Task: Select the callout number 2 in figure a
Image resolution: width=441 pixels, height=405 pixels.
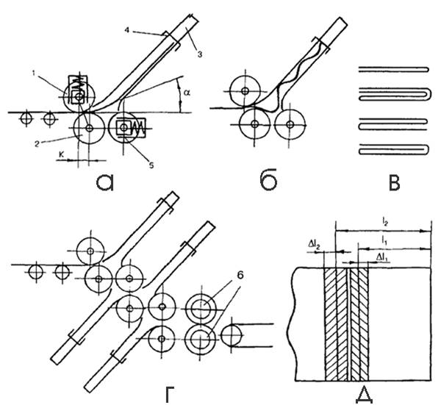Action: (37, 144)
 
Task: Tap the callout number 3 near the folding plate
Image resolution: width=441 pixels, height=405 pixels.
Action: (200, 54)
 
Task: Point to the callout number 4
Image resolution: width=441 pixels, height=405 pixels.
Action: (127, 30)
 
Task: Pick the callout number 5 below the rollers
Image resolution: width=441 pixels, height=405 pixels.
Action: (151, 165)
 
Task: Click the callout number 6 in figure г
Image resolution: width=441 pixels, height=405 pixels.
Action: (240, 276)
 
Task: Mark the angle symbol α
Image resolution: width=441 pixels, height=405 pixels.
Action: (187, 93)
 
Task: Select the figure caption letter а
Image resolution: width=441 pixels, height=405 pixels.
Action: (105, 182)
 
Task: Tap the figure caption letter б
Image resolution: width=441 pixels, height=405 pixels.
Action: (268, 181)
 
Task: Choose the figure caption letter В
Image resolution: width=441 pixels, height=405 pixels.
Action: (394, 182)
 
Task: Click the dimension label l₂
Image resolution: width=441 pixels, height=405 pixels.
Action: (384, 223)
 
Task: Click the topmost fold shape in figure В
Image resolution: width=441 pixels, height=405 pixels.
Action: (394, 69)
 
